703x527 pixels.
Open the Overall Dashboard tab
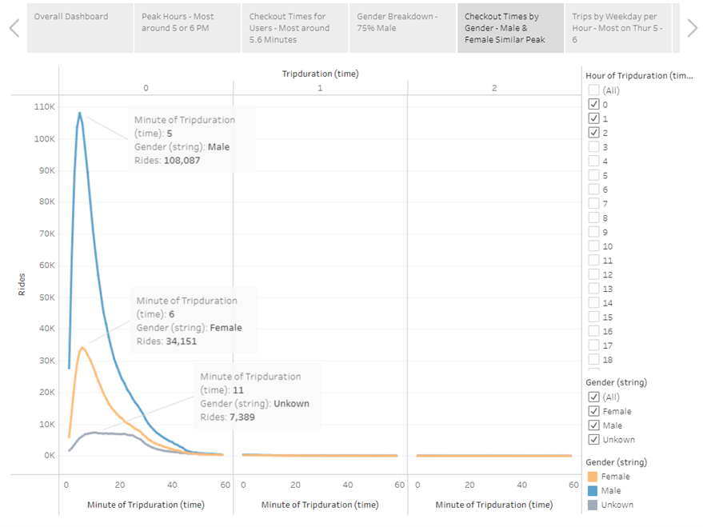click(78, 17)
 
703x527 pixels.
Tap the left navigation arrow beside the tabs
click(14, 28)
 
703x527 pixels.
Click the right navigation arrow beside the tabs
click(691, 28)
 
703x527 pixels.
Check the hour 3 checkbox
click(593, 147)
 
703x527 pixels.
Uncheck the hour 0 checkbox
click(593, 104)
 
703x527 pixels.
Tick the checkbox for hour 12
click(593, 274)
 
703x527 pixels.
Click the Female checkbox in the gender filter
click(593, 411)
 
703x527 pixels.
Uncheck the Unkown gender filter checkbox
click(593, 440)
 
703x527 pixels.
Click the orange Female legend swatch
click(593, 477)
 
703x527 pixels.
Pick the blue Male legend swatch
click(593, 490)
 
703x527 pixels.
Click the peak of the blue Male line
click(80, 113)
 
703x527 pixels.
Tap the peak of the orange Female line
click(82, 347)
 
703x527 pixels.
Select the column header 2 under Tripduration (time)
click(494, 88)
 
